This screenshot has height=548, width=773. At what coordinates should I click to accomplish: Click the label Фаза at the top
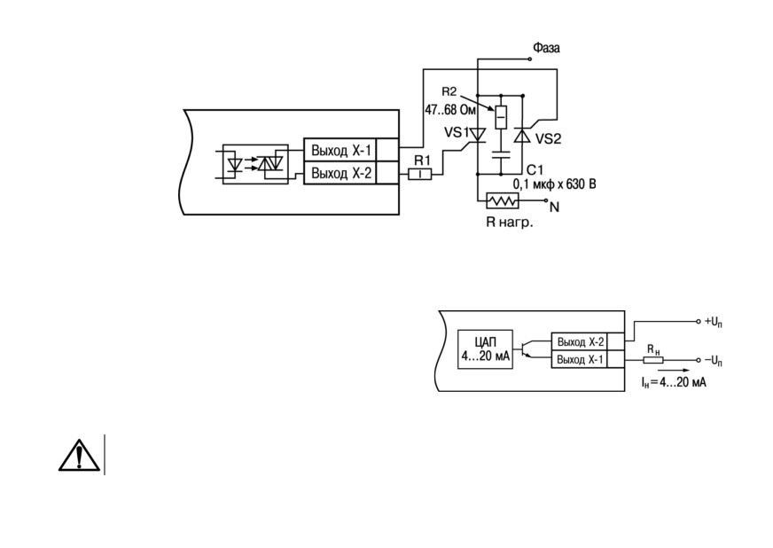pyautogui.click(x=546, y=48)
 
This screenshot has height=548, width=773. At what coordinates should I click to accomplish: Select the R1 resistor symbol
pyautogui.click(x=420, y=174)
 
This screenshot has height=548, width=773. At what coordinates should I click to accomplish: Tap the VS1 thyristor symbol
pyautogui.click(x=477, y=135)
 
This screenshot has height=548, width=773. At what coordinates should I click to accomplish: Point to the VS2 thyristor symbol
pyautogui.click(x=522, y=135)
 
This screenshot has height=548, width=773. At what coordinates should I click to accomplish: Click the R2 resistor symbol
pyautogui.click(x=501, y=117)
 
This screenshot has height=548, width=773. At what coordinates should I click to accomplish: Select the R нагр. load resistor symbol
pyautogui.click(x=503, y=200)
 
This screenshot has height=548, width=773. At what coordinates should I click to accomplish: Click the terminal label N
pyautogui.click(x=555, y=207)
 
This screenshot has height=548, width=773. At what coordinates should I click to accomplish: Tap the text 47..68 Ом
pyautogui.click(x=450, y=110)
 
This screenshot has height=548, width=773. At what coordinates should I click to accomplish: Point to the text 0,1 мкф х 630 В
pyautogui.click(x=555, y=184)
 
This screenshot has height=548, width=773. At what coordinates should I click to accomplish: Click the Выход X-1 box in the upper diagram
pyautogui.click(x=340, y=150)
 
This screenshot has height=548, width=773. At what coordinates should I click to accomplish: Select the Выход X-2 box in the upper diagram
pyautogui.click(x=340, y=173)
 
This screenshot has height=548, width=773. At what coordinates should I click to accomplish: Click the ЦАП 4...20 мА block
pyautogui.click(x=485, y=349)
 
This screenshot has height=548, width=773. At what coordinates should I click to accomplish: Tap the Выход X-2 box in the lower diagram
pyautogui.click(x=579, y=341)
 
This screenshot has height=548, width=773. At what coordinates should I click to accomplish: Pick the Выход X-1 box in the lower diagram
pyautogui.click(x=579, y=359)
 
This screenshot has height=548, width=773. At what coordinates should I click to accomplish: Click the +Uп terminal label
pyautogui.click(x=714, y=322)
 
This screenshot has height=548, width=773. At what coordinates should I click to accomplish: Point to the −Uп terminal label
pyautogui.click(x=714, y=361)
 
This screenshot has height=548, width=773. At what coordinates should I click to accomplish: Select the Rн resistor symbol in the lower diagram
pyautogui.click(x=653, y=361)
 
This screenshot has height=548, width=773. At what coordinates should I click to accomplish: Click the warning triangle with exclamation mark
pyautogui.click(x=79, y=454)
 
